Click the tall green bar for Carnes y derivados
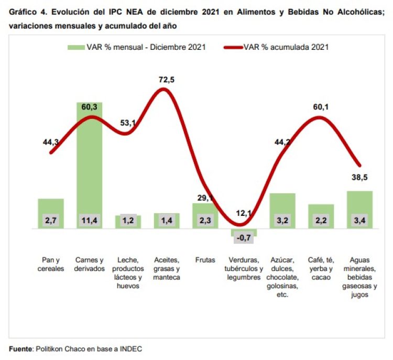(90, 157)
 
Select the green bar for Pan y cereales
(51, 207)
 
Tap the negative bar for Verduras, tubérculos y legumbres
(244, 232)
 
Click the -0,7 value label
(244, 238)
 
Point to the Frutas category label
(205, 260)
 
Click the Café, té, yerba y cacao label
(321, 268)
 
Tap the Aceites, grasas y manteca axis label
(167, 268)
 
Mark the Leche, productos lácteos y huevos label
(128, 272)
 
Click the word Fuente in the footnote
(20, 348)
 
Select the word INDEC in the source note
(130, 348)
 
